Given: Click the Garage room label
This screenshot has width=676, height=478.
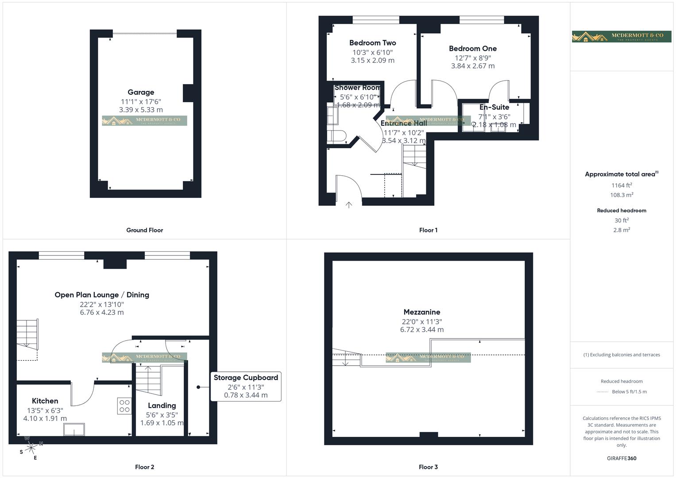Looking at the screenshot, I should [141, 93].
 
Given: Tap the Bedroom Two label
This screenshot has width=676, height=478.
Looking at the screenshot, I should [372, 43].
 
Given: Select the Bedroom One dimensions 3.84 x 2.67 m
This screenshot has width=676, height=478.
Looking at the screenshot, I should [472, 66].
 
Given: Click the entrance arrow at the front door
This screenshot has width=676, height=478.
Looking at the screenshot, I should [349, 204].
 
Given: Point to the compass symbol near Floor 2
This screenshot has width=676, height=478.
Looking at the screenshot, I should [31, 448].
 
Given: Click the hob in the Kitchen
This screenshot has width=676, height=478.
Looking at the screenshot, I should [124, 406].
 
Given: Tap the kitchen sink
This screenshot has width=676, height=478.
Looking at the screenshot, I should [74, 429].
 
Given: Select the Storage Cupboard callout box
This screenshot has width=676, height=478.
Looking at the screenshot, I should [246, 386].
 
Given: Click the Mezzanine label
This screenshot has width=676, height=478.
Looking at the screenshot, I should [421, 312].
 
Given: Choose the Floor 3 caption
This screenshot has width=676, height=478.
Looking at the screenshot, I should [428, 467].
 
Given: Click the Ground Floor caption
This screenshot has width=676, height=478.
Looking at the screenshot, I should [144, 230].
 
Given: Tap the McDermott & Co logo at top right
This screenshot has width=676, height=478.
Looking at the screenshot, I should [622, 36].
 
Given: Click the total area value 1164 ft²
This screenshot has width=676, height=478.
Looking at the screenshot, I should [622, 185].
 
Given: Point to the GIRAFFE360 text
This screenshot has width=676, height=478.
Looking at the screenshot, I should [622, 458].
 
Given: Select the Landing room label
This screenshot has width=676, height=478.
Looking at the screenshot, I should [162, 405].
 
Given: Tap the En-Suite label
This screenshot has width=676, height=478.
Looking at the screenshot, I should [494, 107].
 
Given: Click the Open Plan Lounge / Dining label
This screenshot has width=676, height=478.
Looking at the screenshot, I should [102, 295].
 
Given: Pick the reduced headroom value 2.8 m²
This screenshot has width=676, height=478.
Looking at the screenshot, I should [622, 230].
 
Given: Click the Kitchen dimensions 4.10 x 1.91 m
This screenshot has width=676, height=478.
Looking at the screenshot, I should [45, 418].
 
